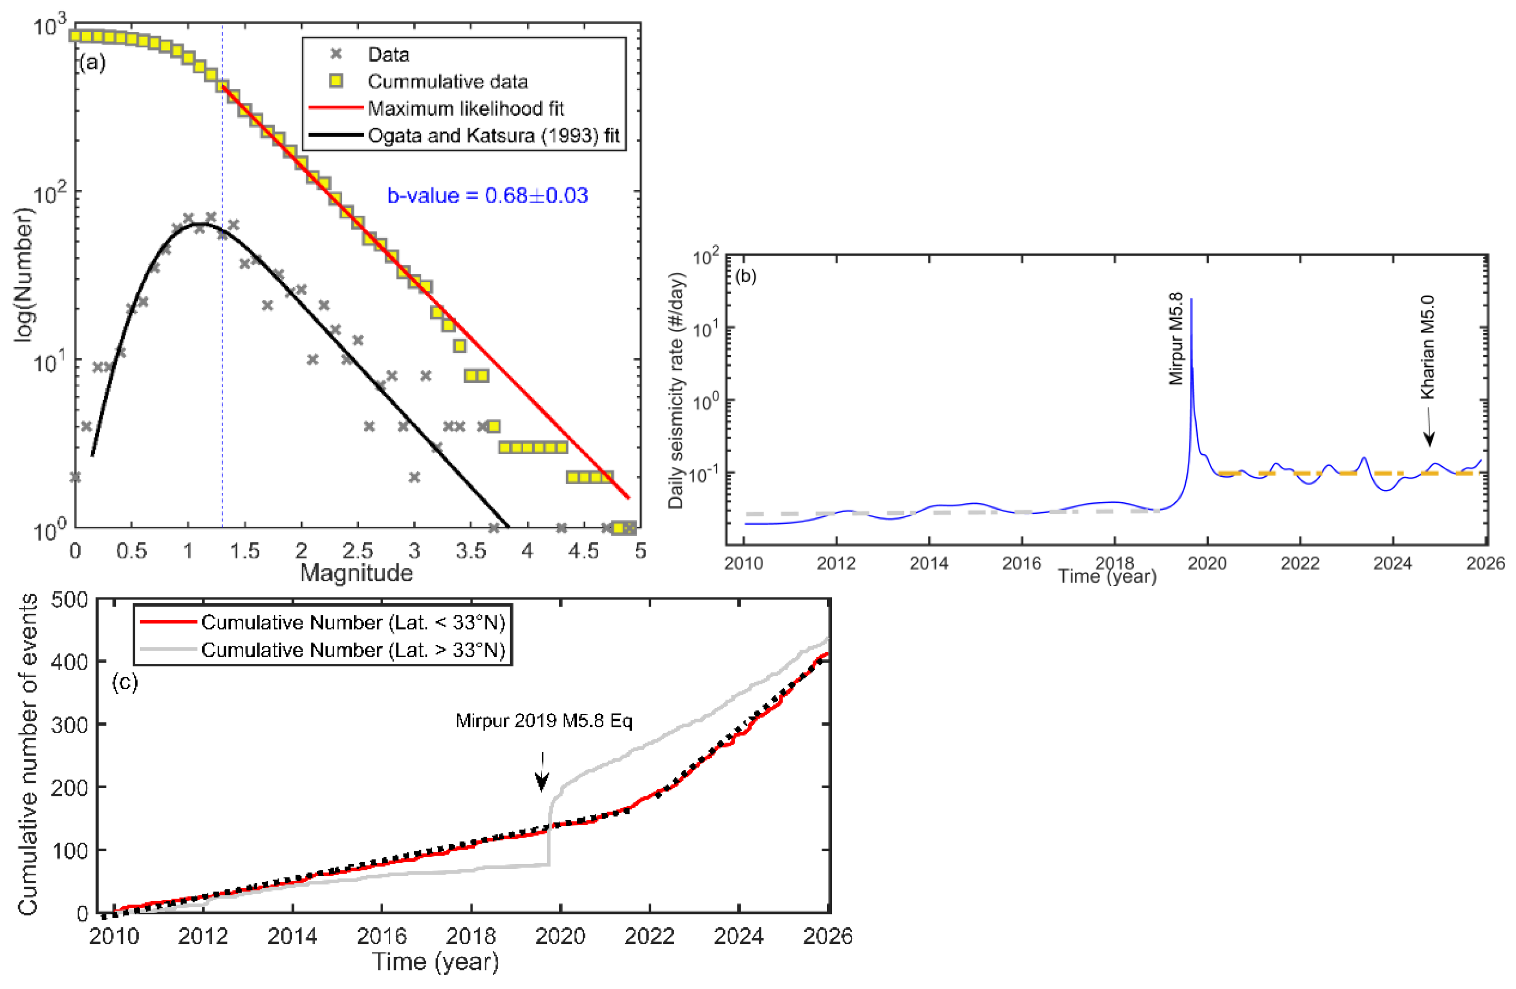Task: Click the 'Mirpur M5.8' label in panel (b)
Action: point(1176,338)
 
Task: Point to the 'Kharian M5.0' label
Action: point(1428,347)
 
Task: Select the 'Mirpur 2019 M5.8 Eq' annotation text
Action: point(544,721)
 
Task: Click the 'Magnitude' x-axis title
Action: point(357,573)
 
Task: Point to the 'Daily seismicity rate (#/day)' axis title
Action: point(676,391)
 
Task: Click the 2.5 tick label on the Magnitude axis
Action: point(358,550)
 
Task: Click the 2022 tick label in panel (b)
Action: point(1300,563)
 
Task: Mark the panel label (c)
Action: point(125,683)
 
